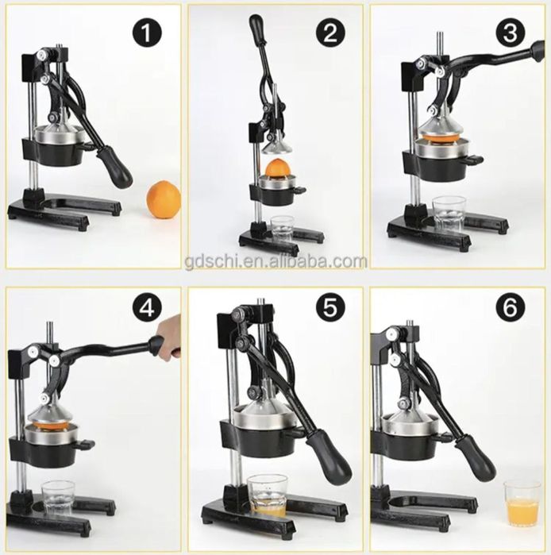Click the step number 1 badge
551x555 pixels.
coord(147,33)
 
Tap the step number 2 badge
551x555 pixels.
coord(329,33)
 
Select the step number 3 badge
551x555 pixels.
coord(510,33)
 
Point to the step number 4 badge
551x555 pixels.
coord(147,308)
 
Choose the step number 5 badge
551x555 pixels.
coord(329,308)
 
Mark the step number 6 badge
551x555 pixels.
coord(510,308)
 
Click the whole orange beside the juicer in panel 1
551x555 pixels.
coord(164,199)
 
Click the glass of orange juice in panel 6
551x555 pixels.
coord(522,503)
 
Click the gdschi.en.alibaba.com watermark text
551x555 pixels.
coord(275,262)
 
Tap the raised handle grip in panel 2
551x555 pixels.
coord(256,29)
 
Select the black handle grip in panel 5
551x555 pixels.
coord(329,457)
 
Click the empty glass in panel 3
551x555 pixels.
coord(449,215)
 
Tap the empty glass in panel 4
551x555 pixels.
coord(59,498)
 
